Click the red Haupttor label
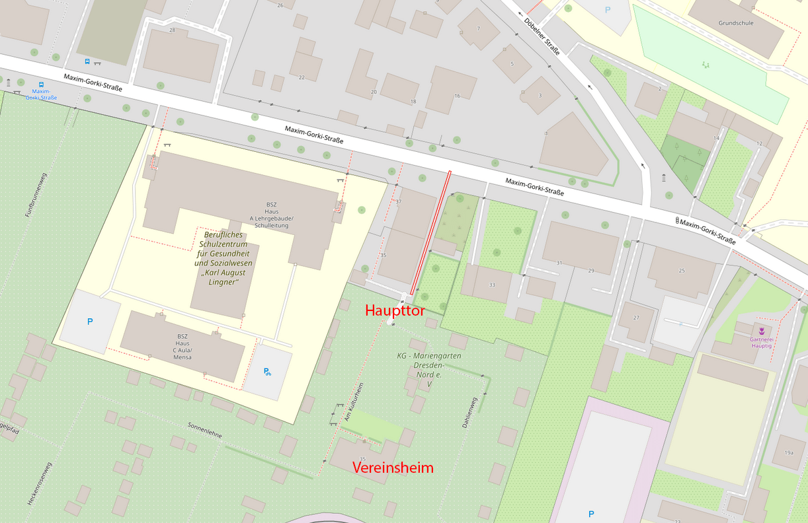[x=395, y=311]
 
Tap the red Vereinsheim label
[x=393, y=468]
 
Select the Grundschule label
[x=736, y=23]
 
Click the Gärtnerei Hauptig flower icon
[x=761, y=330]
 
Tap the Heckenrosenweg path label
[x=40, y=484]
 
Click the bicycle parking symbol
[x=267, y=372]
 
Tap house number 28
[x=172, y=30]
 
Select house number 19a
[x=789, y=452]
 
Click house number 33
[x=491, y=285]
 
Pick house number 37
[x=398, y=201]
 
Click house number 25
[x=682, y=271]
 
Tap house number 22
[x=302, y=77]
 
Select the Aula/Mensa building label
[x=182, y=353]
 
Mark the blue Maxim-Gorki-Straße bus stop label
[x=41, y=94]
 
